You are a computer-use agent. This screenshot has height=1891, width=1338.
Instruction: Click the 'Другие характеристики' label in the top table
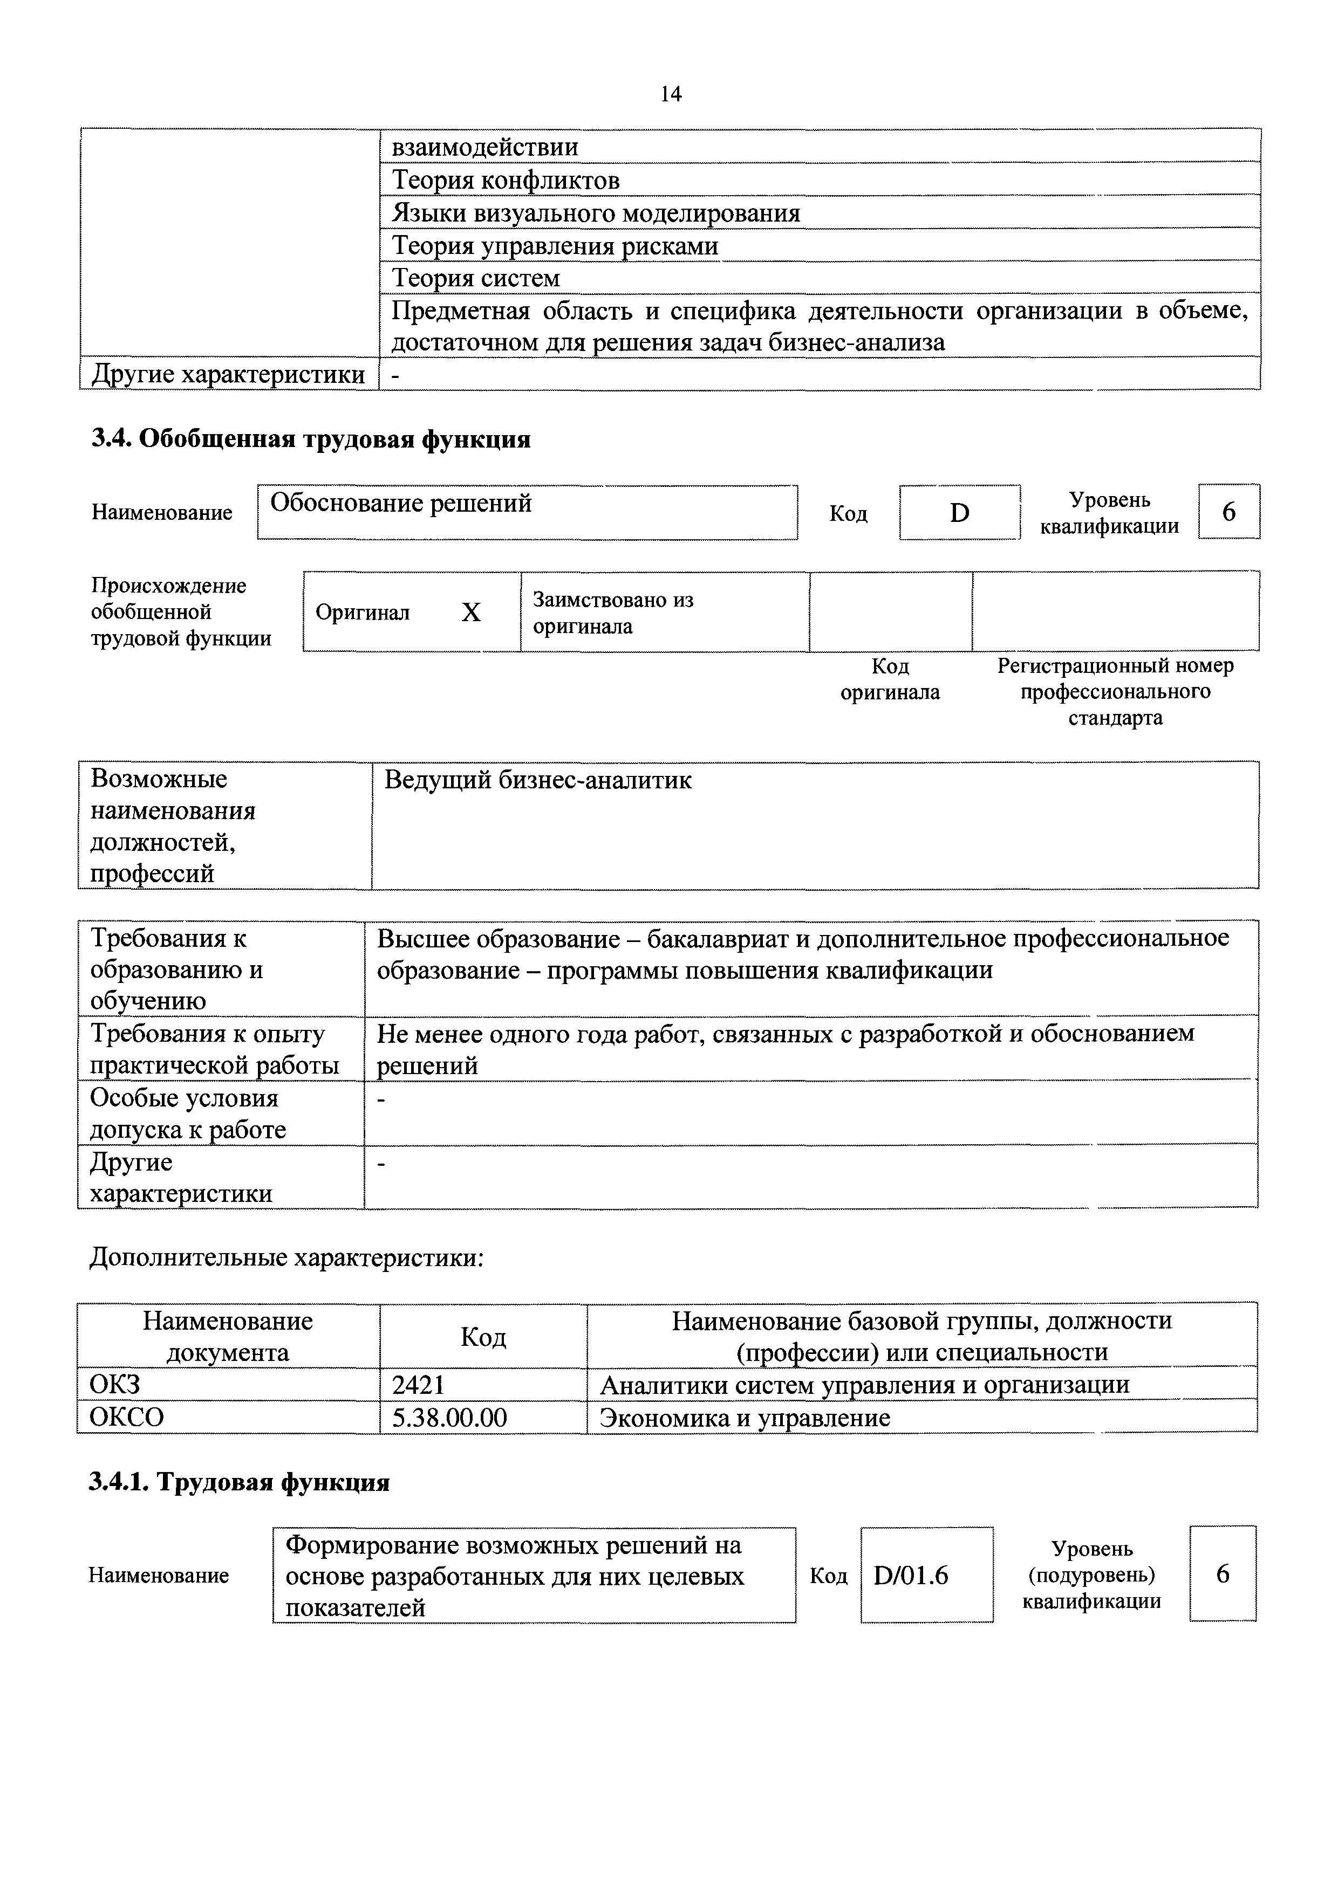(x=228, y=374)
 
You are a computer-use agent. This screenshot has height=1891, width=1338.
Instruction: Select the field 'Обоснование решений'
(x=527, y=512)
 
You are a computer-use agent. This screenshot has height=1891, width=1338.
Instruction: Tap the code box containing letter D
(x=959, y=512)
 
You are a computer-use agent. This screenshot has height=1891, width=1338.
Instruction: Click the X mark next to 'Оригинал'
(x=470, y=612)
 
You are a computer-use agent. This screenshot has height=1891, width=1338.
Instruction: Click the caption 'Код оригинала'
(x=890, y=679)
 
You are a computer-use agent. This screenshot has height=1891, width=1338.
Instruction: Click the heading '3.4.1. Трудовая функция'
(x=239, y=1482)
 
